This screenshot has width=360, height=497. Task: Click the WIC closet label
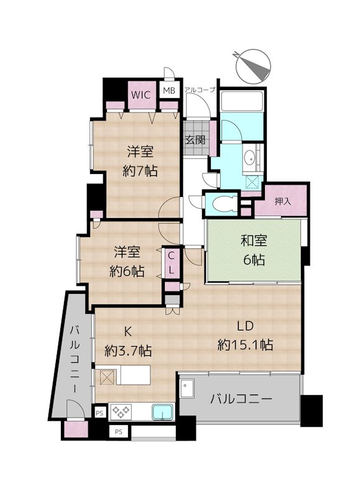pos(141,95)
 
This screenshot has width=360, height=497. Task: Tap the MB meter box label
pos(169,91)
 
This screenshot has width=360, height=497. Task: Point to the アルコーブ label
pos(200,89)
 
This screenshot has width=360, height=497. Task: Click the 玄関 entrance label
pos(195,139)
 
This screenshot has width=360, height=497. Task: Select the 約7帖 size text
pos(140,171)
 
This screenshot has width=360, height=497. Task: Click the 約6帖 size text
pos(127,271)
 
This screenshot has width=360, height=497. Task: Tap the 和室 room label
pos(254,240)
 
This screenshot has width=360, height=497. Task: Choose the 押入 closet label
pos(283,201)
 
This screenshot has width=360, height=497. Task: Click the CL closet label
pos(171,263)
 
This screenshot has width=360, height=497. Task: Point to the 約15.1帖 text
pos(245,345)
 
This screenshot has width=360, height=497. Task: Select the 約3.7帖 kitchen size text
pos(128,350)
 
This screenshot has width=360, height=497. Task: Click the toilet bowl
pos(224,204)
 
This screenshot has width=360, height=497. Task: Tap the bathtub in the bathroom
pos(242,101)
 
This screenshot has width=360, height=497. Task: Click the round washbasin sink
pos(250,157)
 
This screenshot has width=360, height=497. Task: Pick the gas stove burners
pos(121,412)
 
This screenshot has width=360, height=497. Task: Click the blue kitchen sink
pos(163,412)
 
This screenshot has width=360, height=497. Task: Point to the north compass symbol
pos(253,66)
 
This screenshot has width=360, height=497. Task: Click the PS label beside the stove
pos(99,413)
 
